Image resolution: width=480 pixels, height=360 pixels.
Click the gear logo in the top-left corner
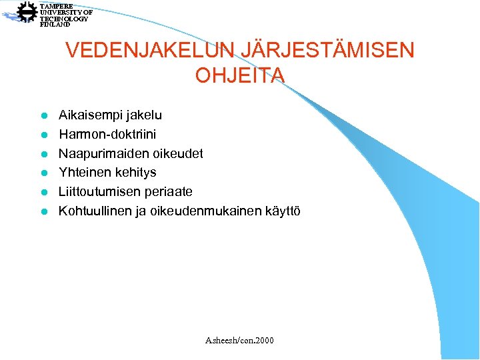[26, 13]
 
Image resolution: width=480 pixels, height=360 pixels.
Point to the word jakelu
[143, 115]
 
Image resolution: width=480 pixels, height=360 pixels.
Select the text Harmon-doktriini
[107, 135]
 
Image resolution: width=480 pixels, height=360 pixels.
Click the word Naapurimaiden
[99, 154]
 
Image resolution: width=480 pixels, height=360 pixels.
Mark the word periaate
[169, 192]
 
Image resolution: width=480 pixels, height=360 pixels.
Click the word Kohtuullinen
[96, 211]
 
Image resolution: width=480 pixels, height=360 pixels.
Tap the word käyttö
[283, 211]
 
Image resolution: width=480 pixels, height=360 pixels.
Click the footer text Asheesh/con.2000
[239, 341]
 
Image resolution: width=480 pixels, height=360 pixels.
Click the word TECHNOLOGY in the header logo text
[63, 19]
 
